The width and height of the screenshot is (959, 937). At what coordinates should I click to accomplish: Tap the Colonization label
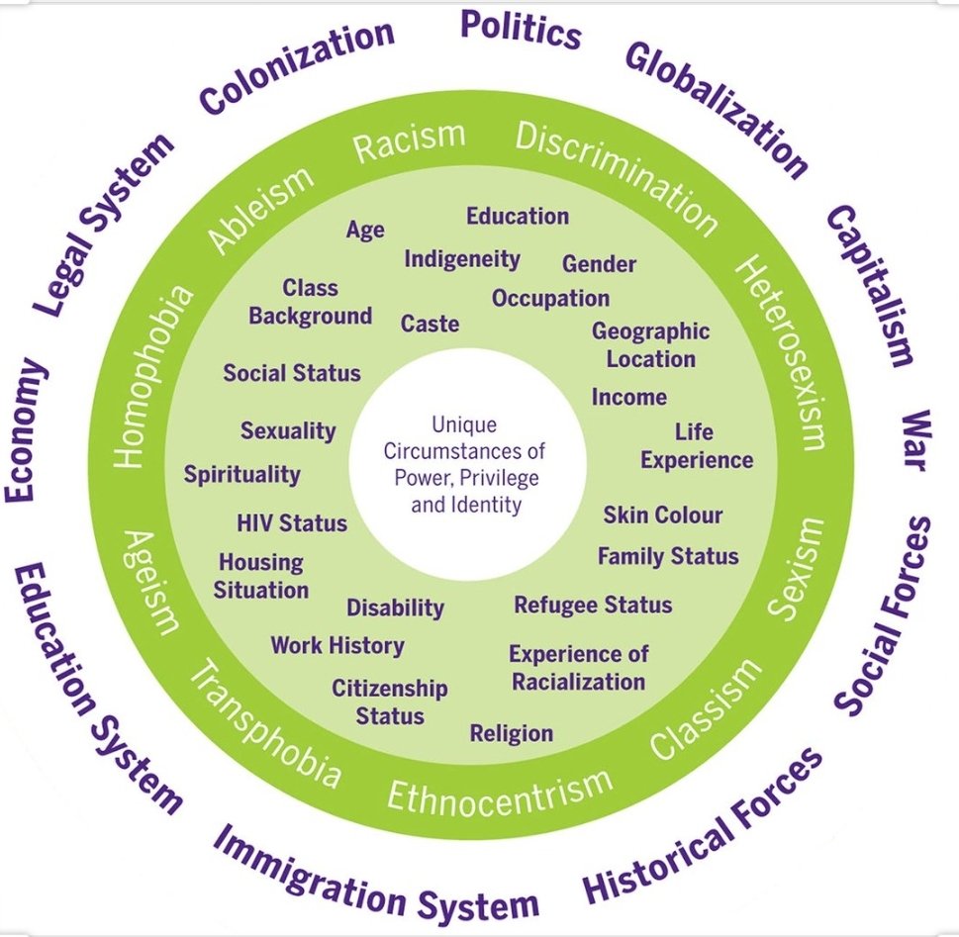297,68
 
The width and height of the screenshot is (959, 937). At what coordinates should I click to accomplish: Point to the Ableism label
260,210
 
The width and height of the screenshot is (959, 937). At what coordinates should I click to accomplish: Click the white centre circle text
475,464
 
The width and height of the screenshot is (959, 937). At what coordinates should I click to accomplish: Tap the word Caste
430,324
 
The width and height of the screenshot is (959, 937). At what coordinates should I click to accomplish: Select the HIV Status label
292,522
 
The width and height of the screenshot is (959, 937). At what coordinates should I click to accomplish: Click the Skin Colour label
662,515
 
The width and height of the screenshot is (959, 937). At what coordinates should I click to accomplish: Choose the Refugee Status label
593,605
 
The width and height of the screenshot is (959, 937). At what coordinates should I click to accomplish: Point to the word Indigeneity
462,259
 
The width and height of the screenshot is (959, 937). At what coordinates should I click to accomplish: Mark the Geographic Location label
650,344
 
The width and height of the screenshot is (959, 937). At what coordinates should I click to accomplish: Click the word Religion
511,733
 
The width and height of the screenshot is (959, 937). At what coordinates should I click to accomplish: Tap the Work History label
337,646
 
